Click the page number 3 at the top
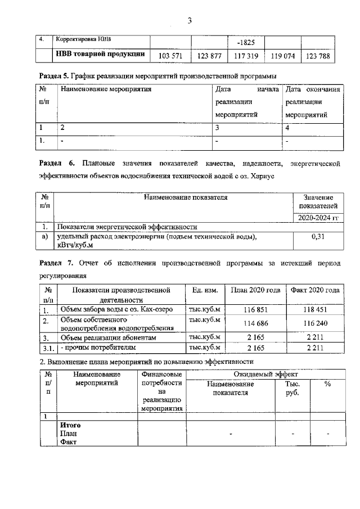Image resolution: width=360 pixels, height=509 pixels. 190,21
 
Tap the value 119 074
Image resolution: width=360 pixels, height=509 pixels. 283,56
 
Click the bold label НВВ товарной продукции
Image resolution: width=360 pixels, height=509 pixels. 100,55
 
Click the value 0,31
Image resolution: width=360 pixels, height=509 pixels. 318,237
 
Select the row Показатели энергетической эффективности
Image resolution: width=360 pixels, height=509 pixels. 127,227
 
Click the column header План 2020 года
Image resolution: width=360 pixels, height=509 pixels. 256,290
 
